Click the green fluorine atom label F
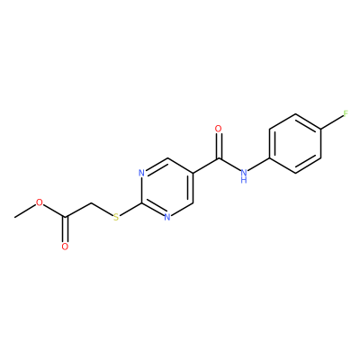click(x=346, y=113)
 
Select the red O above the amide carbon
click(x=219, y=129)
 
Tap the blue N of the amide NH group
click(x=244, y=172)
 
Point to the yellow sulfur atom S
click(x=116, y=217)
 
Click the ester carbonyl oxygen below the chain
click(x=65, y=247)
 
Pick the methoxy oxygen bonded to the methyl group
click(x=40, y=202)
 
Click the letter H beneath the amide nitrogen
click(x=244, y=180)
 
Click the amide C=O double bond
click(x=219, y=146)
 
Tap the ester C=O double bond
click(x=65, y=229)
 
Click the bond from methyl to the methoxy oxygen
click(x=25, y=211)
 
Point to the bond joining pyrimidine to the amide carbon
click(x=206, y=166)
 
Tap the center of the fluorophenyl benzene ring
click(x=295, y=143)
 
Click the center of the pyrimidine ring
click(x=167, y=188)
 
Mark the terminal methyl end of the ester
click(x=14, y=217)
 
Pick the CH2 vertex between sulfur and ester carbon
click(x=91, y=202)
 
